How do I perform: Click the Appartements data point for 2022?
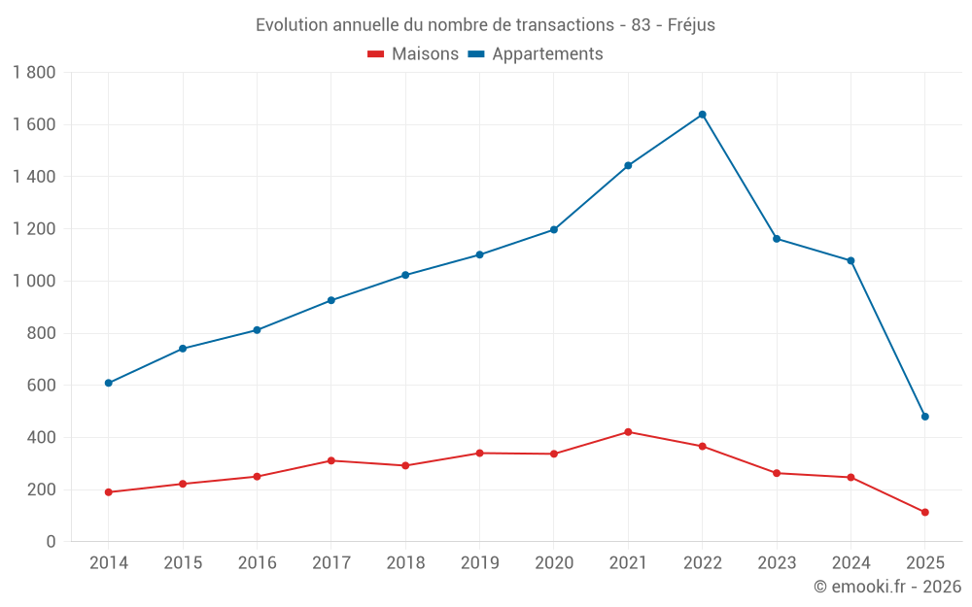[x=702, y=115]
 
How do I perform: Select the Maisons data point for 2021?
[x=628, y=432]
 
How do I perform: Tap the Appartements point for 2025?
[x=924, y=417]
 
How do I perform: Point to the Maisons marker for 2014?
[x=109, y=492]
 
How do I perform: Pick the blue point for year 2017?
[x=331, y=300]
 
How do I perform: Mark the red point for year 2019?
[x=479, y=453]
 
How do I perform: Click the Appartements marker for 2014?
[x=109, y=383]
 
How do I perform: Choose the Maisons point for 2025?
[x=924, y=512]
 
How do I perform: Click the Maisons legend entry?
[x=413, y=54]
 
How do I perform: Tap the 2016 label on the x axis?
[x=257, y=563]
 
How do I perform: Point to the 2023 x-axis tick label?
[x=777, y=563]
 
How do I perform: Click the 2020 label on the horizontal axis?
[x=554, y=563]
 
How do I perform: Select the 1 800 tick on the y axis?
[x=35, y=73]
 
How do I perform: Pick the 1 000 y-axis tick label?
[x=35, y=282]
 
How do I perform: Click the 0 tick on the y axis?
[x=51, y=542]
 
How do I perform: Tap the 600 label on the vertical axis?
[x=41, y=386]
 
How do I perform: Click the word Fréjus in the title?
[x=691, y=25]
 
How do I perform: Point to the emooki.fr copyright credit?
[x=886, y=587]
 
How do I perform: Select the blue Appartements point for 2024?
[x=850, y=260]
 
